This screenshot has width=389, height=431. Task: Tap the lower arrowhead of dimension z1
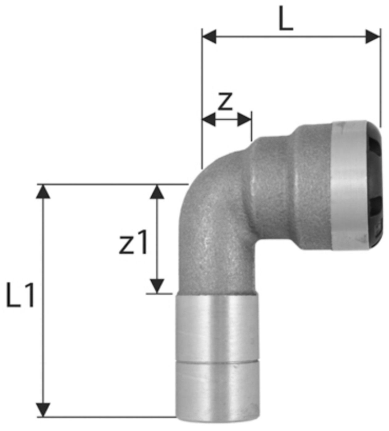coord(158,286)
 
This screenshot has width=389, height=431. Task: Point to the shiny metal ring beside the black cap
coord(347,185)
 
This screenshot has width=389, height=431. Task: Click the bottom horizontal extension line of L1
coord(108,417)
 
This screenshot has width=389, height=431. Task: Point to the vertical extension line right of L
coord(380,77)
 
